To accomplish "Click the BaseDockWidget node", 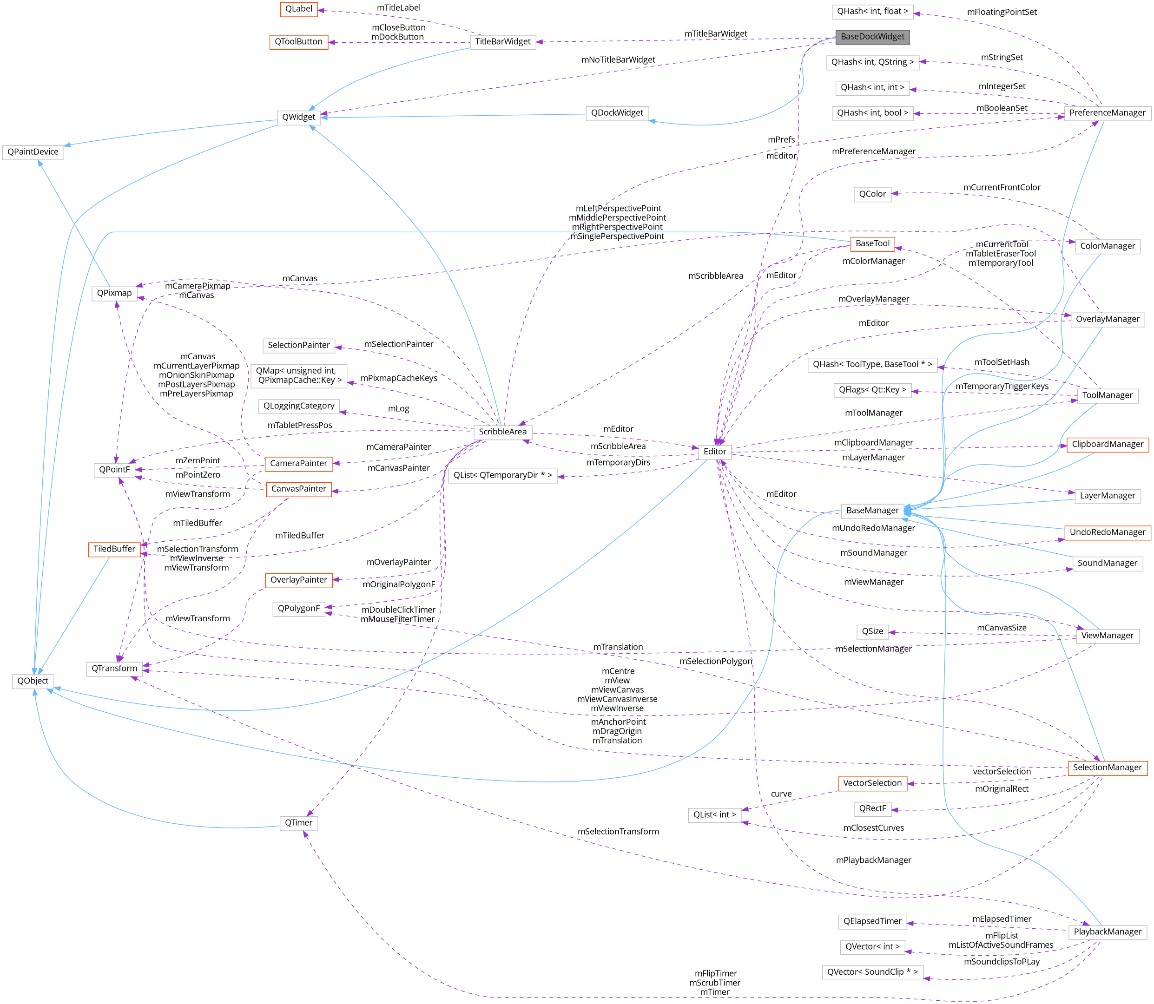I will click(x=872, y=37).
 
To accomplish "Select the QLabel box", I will click(x=299, y=9).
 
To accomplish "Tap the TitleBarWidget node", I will click(x=502, y=41).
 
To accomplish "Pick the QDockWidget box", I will click(x=617, y=113).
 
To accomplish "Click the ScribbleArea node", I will click(x=502, y=432).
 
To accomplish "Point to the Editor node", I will click(x=715, y=452).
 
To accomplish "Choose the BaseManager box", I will click(x=872, y=511).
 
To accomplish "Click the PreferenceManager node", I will click(x=1107, y=113).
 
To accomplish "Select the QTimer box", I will click(x=299, y=822).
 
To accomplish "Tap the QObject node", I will click(x=33, y=681).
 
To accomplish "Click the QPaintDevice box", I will click(x=33, y=152).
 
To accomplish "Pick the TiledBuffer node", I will click(x=114, y=549).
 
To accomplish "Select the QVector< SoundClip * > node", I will click(x=872, y=972).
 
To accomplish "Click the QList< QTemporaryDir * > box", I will click(x=502, y=476).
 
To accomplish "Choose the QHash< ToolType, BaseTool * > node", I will click(x=872, y=365).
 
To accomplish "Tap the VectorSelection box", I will click(x=872, y=783).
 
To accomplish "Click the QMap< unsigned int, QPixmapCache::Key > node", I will click(x=299, y=375).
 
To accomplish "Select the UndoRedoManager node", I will click(x=1107, y=532).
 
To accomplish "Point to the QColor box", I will click(x=872, y=194).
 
